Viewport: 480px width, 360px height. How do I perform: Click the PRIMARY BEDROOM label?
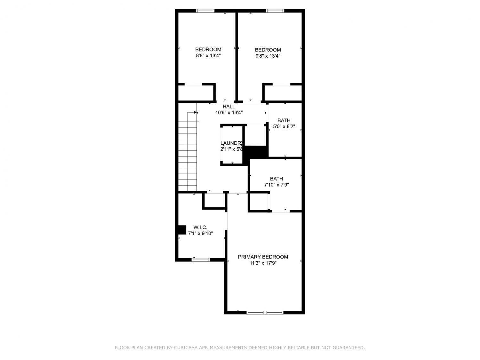coord(263,257)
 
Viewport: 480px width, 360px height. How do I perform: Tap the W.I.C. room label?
coord(200,227)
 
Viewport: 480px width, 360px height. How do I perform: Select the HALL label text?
coord(229,107)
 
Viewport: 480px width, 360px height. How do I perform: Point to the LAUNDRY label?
coord(232,143)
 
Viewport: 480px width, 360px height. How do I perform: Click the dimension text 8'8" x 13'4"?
coord(208,55)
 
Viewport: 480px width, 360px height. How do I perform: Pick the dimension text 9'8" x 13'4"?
coord(268,56)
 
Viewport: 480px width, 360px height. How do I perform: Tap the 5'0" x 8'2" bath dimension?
coord(284,126)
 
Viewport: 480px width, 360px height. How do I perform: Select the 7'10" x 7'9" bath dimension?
coord(276,185)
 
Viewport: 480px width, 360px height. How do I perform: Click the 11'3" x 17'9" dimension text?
coord(263,263)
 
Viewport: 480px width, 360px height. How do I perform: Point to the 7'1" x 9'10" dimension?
coord(200,234)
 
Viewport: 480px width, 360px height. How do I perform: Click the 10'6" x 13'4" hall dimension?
coord(229,113)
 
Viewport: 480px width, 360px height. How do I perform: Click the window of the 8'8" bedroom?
coord(205,11)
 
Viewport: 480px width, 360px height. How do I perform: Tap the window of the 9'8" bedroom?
coord(275,11)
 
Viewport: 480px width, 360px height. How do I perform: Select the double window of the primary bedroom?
coord(265,313)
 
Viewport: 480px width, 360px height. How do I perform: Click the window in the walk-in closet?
coord(201,260)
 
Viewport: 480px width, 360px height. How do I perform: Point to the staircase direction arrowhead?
coord(196,112)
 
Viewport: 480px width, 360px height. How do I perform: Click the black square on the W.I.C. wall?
coord(182,230)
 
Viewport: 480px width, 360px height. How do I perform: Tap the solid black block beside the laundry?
coord(256,152)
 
